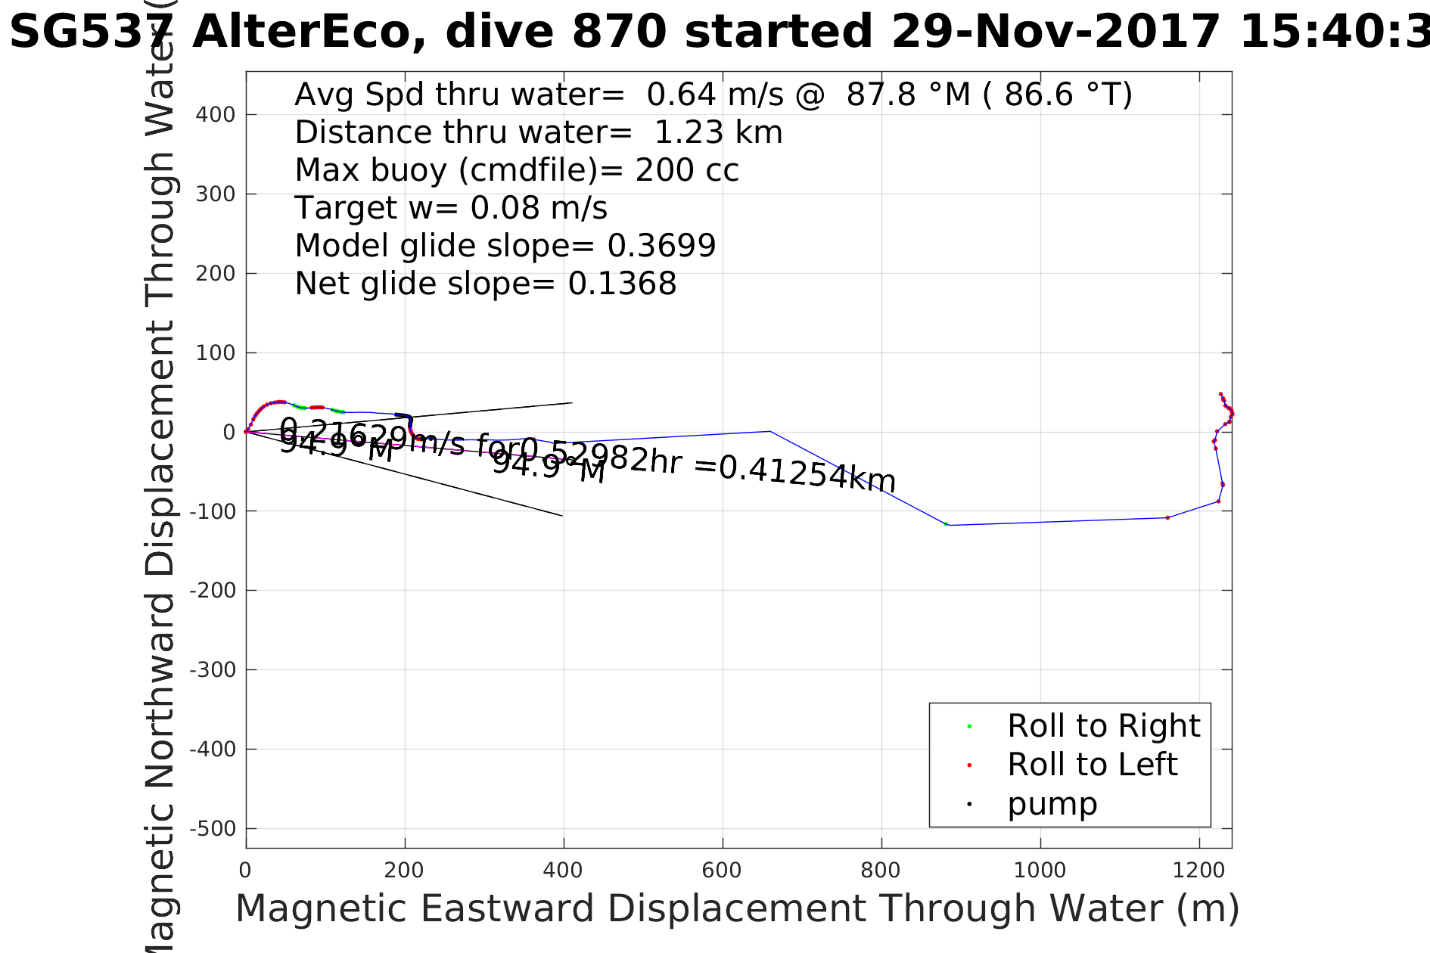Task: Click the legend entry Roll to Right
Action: [1103, 726]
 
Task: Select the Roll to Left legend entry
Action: [1092, 765]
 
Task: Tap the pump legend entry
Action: [1052, 804]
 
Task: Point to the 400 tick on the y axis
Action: [216, 115]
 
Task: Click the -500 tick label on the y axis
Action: [213, 829]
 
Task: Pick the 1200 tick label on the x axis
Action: [1198, 870]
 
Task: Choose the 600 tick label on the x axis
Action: [722, 870]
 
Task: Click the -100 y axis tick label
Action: [213, 512]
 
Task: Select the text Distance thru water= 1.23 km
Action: [538, 133]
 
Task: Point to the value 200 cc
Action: [687, 171]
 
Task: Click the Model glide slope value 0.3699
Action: [661, 247]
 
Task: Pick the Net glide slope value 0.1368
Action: [622, 284]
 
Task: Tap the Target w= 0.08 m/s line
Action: [451, 209]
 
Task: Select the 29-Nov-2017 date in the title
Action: [1055, 33]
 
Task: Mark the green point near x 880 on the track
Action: [946, 524]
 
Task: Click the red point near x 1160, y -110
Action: [1167, 517]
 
